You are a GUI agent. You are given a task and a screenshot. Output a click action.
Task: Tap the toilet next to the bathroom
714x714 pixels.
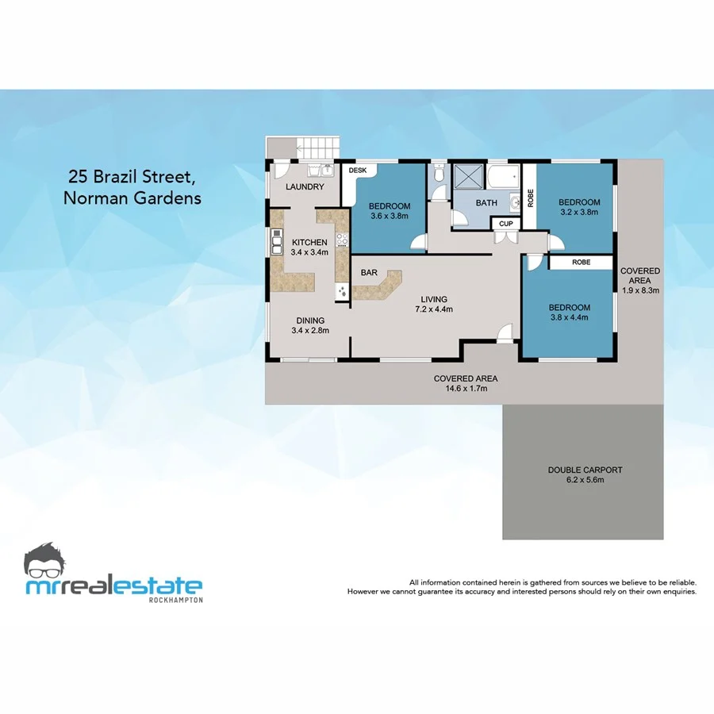coord(439,175)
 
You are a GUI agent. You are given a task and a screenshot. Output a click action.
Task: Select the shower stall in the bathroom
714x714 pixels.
coord(468,176)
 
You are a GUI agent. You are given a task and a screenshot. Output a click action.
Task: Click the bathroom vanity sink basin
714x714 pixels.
coord(514,200)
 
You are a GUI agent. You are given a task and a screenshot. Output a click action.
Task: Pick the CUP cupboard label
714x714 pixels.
coord(505,224)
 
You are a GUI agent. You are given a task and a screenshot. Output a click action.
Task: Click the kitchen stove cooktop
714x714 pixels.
coord(342,238)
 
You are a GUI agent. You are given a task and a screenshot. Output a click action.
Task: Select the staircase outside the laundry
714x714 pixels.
coord(317,148)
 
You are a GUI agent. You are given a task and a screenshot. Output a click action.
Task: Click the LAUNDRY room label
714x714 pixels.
coord(305,187)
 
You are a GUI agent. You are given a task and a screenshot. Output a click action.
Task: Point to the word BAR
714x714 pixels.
coord(369,273)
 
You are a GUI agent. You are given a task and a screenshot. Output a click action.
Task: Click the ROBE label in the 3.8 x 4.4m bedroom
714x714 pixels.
coord(581,261)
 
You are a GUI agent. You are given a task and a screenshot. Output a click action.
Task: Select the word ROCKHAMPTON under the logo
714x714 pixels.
coord(175,600)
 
